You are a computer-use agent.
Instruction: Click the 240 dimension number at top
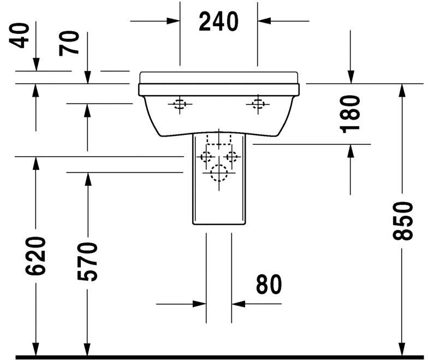click(x=218, y=22)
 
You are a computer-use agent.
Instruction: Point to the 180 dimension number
click(x=349, y=114)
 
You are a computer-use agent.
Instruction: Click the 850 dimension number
click(x=403, y=221)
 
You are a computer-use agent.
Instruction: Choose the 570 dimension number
click(x=86, y=261)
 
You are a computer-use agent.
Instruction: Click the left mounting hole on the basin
click(x=179, y=104)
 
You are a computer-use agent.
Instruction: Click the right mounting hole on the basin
click(x=257, y=104)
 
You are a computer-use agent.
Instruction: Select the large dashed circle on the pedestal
click(x=218, y=173)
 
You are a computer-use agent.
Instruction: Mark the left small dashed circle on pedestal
click(x=206, y=157)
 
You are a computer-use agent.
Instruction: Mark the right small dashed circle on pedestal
click(x=232, y=157)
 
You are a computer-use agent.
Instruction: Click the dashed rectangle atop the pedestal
click(x=218, y=139)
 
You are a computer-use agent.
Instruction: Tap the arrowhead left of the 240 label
click(x=174, y=21)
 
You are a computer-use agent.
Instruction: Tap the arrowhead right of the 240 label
click(x=264, y=21)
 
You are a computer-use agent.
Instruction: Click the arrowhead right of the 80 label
click(x=238, y=303)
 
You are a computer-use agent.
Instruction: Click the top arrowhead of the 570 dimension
click(x=86, y=178)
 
